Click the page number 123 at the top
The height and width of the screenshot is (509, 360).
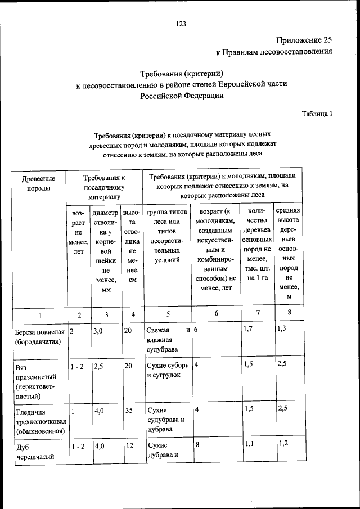[x=181, y=24]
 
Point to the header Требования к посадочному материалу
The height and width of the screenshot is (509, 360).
[x=103, y=187]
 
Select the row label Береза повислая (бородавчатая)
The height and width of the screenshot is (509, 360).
[x=40, y=336]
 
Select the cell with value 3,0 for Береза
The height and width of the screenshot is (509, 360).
[x=98, y=331]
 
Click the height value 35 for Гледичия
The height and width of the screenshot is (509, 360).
[x=129, y=411]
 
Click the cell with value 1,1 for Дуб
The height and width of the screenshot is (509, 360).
[x=249, y=444]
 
